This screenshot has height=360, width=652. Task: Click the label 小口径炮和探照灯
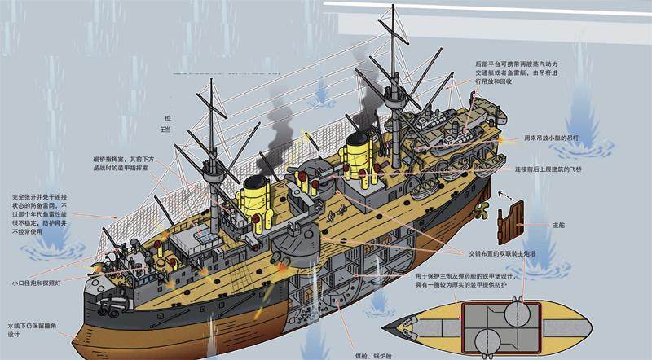click(x=36, y=283)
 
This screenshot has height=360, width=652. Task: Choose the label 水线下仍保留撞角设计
click(x=29, y=329)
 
